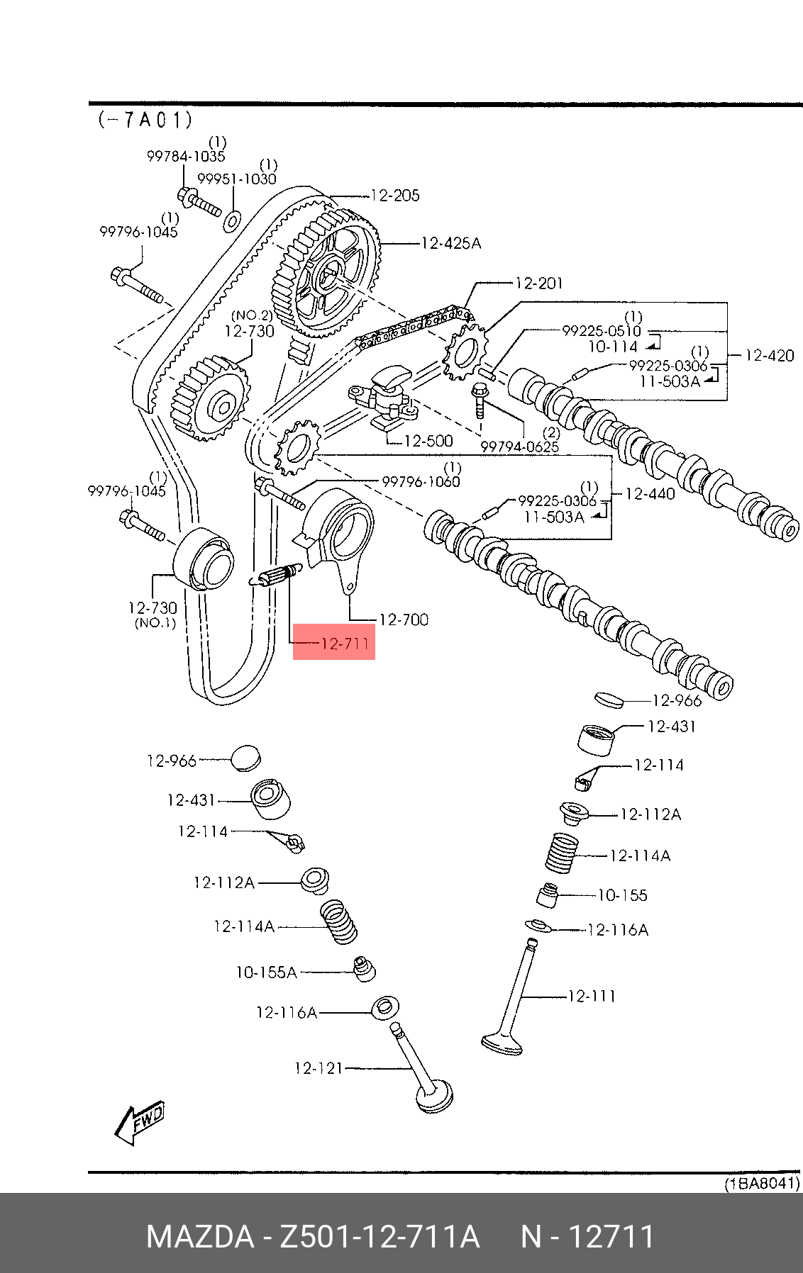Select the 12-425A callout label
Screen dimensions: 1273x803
pos(450,244)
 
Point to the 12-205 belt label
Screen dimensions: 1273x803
pos(395,196)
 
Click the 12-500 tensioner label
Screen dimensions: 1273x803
pos(428,441)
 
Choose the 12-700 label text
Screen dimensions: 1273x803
pos(404,620)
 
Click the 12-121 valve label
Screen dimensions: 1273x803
pos(319,1067)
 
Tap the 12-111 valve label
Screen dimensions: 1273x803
pos(592,997)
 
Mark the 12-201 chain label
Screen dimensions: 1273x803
pos(538,284)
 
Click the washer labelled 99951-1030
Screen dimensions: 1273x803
pos(231,220)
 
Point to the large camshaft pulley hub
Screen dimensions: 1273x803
pos(329,274)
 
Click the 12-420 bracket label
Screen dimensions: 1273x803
pos(769,356)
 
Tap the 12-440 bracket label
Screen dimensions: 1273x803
pos(650,494)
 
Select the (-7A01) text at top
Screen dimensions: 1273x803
pos(145,120)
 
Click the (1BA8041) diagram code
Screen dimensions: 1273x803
pos(761,1184)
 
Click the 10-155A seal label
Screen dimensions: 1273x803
pos(267,972)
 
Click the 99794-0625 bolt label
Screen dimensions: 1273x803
pos(519,447)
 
